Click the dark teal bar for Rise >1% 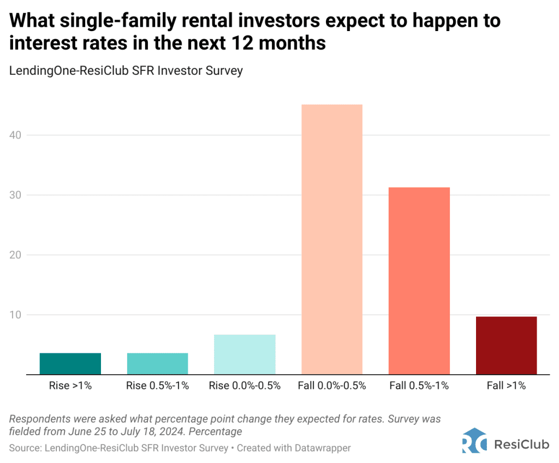tap(70, 363)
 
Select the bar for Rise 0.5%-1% tap(157, 363)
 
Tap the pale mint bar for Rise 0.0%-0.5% tap(245, 354)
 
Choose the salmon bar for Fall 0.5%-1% tap(419, 280)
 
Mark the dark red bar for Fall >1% tap(506, 345)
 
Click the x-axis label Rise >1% tap(70, 386)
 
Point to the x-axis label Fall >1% tap(506, 386)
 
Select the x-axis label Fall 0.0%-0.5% tap(332, 386)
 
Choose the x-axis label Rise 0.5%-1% tap(157, 386)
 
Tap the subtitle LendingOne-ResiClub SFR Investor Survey tap(126, 71)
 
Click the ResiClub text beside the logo tap(521, 444)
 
